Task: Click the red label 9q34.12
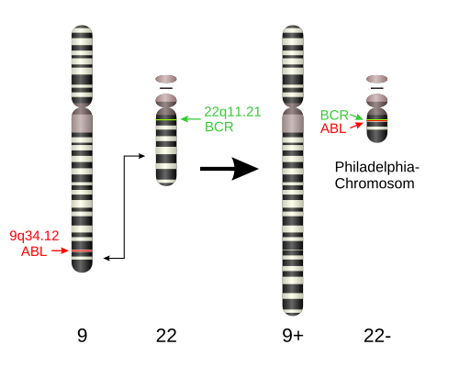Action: click(x=34, y=236)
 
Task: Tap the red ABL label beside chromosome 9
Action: click(x=34, y=251)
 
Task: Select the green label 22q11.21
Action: click(x=232, y=112)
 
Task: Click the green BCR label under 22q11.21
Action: click(x=219, y=127)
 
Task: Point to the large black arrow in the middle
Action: click(x=229, y=169)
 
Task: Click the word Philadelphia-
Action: click(x=377, y=168)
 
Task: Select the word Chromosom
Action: click(x=375, y=183)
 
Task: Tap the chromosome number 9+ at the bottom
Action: click(x=293, y=336)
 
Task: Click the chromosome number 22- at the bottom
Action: click(x=377, y=336)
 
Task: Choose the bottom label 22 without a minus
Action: click(x=166, y=336)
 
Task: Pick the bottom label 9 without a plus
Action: click(x=82, y=336)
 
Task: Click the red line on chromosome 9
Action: click(x=82, y=250)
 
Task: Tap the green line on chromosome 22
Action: click(x=166, y=119)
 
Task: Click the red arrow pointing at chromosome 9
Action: click(x=60, y=250)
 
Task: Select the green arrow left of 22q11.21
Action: click(x=191, y=119)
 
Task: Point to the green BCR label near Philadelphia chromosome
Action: click(x=334, y=116)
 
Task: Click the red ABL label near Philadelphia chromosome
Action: click(x=333, y=128)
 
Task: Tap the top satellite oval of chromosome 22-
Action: click(x=377, y=79)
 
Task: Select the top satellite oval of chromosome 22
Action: click(x=166, y=79)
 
